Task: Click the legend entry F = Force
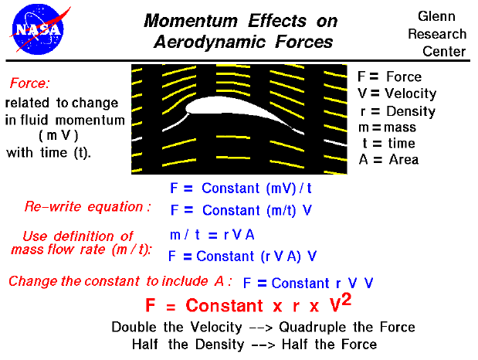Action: pos(389,76)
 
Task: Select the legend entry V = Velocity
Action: pos(396,93)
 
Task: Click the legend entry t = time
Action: pos(388,143)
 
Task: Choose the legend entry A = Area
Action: pos(388,160)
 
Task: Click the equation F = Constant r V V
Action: pos(308,283)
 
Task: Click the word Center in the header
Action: pos(444,52)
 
